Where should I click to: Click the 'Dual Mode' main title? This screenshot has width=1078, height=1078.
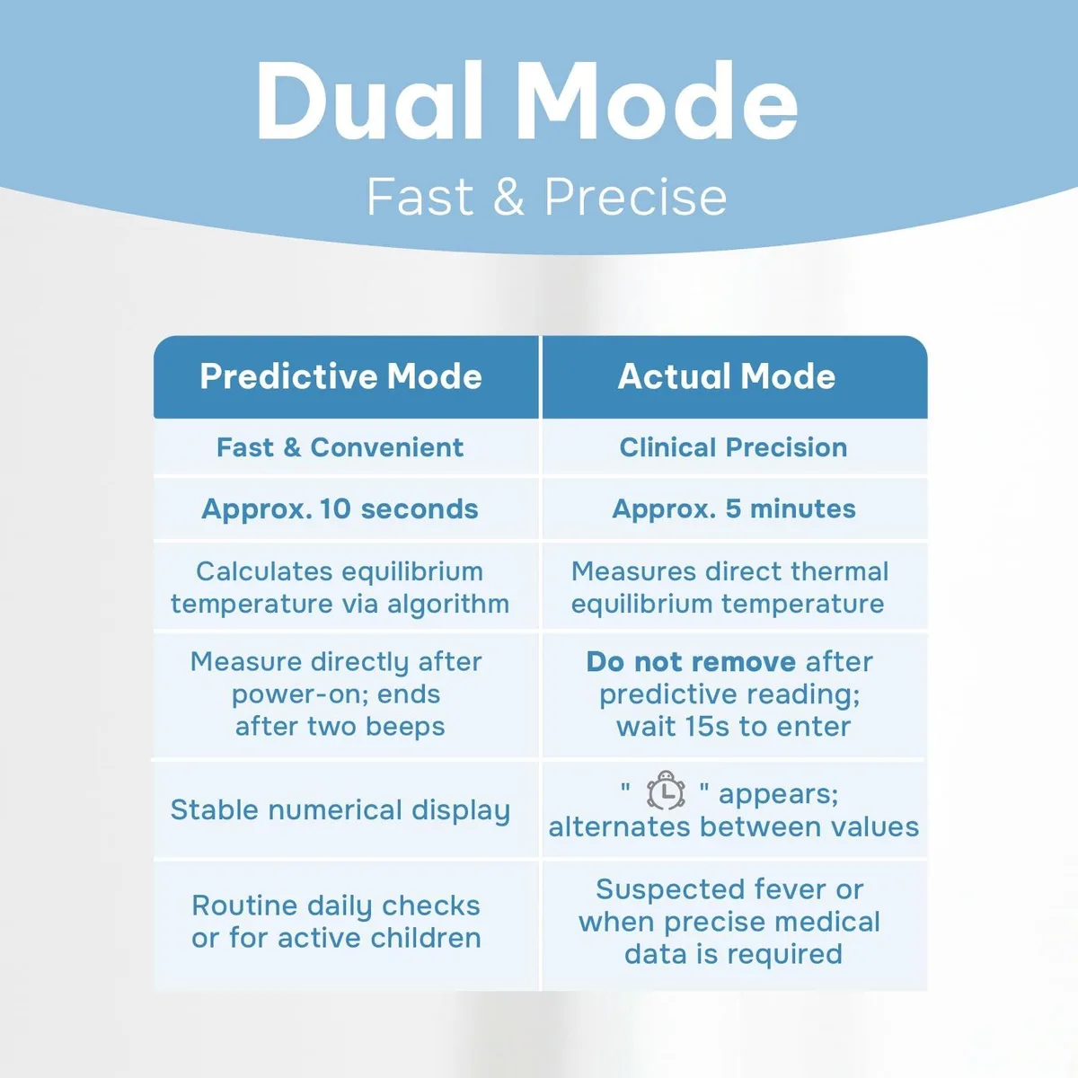527,101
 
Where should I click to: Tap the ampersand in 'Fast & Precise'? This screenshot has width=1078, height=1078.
508,197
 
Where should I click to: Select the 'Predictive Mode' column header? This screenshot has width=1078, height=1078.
340,376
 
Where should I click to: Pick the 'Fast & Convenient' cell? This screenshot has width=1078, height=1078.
340,447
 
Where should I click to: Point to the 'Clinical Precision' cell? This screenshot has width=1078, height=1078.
733,447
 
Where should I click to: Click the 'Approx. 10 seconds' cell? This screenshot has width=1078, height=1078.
340,509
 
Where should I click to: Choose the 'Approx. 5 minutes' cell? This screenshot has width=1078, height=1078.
733,509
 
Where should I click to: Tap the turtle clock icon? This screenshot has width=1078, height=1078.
666,790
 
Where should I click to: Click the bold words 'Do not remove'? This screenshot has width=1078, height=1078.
691,662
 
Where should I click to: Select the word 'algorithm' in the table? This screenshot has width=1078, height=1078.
448,605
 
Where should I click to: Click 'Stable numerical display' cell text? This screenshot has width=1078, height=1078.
340,810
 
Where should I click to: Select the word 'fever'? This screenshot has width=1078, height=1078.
790,890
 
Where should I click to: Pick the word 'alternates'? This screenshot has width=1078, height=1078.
619,827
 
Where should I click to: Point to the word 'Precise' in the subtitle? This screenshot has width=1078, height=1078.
635,197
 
